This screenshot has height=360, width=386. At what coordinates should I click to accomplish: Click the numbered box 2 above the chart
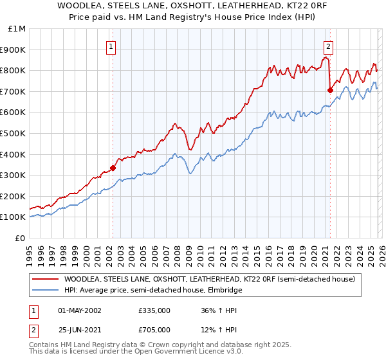pos(329,46)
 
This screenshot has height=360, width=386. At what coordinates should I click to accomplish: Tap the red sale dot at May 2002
pos(113,168)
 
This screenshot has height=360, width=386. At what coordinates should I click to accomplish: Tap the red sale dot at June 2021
pos(330,90)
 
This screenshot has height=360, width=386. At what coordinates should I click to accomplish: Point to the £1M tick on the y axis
pos(17,28)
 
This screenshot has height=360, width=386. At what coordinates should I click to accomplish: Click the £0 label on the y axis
pos(20,238)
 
